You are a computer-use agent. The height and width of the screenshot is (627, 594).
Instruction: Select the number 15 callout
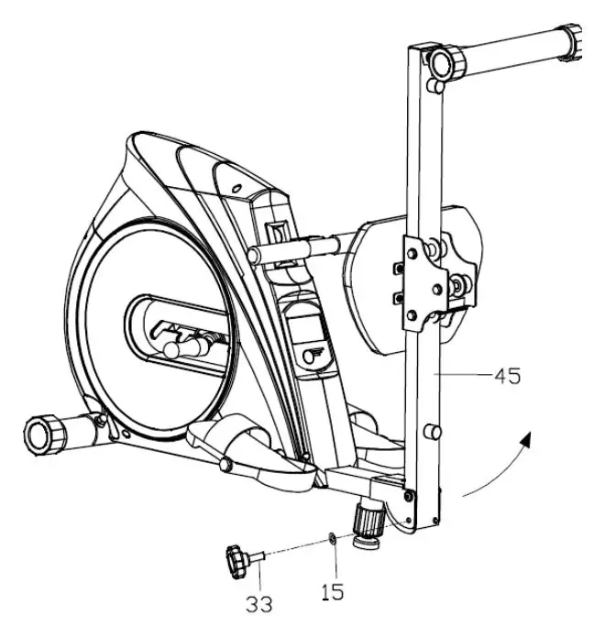coord(333,592)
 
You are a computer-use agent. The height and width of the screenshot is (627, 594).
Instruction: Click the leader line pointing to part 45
coord(467,374)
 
